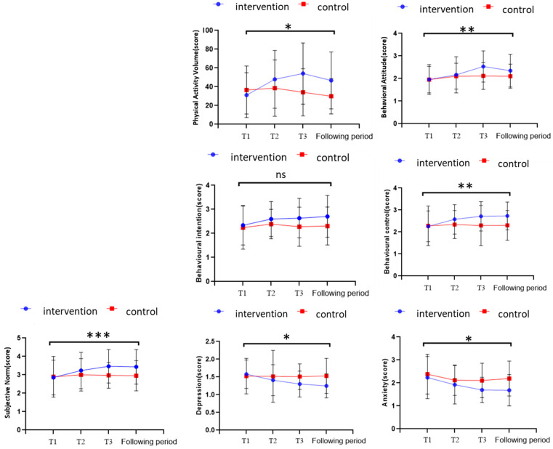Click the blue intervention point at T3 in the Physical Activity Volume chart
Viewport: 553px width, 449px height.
point(302,73)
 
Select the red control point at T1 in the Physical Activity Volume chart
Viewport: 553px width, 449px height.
point(246,90)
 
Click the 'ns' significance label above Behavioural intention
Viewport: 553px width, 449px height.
point(280,175)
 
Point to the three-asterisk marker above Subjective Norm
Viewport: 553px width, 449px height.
point(98,335)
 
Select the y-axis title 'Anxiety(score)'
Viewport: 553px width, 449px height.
point(385,382)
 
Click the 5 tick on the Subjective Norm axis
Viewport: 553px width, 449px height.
point(18,338)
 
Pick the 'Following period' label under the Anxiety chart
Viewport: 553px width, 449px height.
point(522,440)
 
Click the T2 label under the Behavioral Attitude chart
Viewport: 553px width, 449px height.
point(456,136)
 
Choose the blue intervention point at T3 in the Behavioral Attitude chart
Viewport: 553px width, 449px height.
point(483,66)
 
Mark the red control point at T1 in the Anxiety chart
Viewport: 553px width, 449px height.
point(427,374)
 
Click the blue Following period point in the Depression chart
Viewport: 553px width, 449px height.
point(326,386)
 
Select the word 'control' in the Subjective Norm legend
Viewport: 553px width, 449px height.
point(142,312)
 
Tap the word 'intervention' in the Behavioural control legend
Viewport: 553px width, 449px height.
point(443,163)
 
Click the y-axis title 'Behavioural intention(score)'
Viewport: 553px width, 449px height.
point(199,232)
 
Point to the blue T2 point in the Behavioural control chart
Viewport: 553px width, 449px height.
point(454,219)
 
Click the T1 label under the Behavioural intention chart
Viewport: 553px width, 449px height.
point(242,293)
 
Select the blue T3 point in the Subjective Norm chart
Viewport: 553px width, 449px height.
point(108,366)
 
